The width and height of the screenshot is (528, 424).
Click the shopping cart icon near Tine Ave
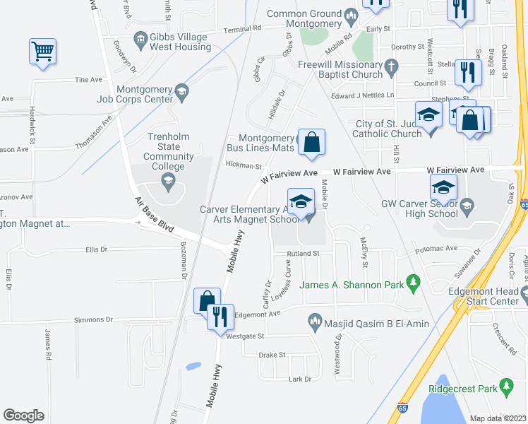(42, 51)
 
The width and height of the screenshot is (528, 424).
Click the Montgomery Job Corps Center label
(134, 94)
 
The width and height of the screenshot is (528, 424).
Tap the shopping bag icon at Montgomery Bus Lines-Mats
(311, 142)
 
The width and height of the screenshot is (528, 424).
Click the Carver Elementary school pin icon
(301, 201)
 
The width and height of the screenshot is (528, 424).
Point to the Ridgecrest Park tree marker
(505, 387)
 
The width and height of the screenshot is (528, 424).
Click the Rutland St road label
(303, 253)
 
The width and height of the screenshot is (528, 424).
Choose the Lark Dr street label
(300, 379)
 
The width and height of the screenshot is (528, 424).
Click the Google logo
(24, 416)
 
